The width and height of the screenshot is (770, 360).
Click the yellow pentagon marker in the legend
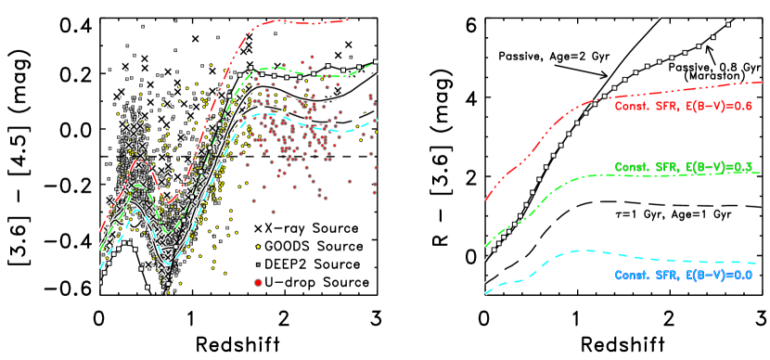coord(257,248)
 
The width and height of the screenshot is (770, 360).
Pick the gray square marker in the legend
coord(257,264)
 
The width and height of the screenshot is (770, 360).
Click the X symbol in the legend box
coord(257,229)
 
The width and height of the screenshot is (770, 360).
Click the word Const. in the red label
coord(631,107)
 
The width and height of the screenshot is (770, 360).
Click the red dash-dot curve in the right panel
coord(668,91)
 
